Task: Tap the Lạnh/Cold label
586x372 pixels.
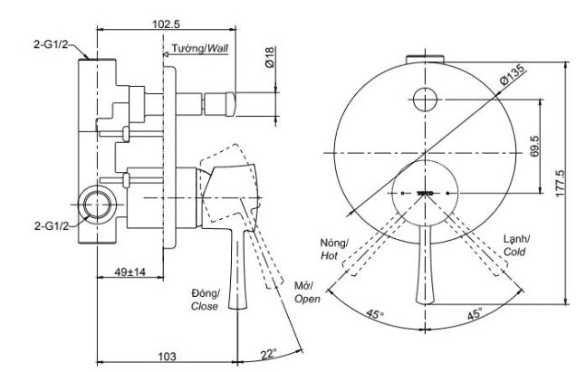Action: point(516,244)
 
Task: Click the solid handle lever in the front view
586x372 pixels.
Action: point(424,272)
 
